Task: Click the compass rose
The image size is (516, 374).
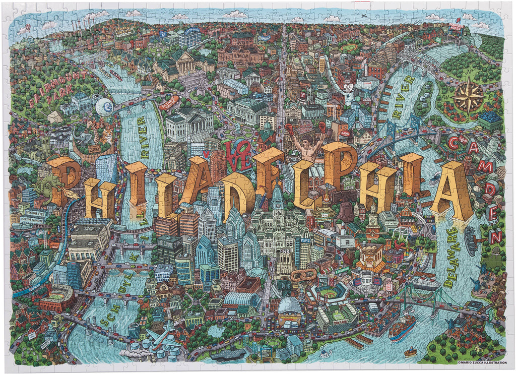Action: tap(468, 95)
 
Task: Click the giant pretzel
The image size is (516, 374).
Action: tap(303, 275)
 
